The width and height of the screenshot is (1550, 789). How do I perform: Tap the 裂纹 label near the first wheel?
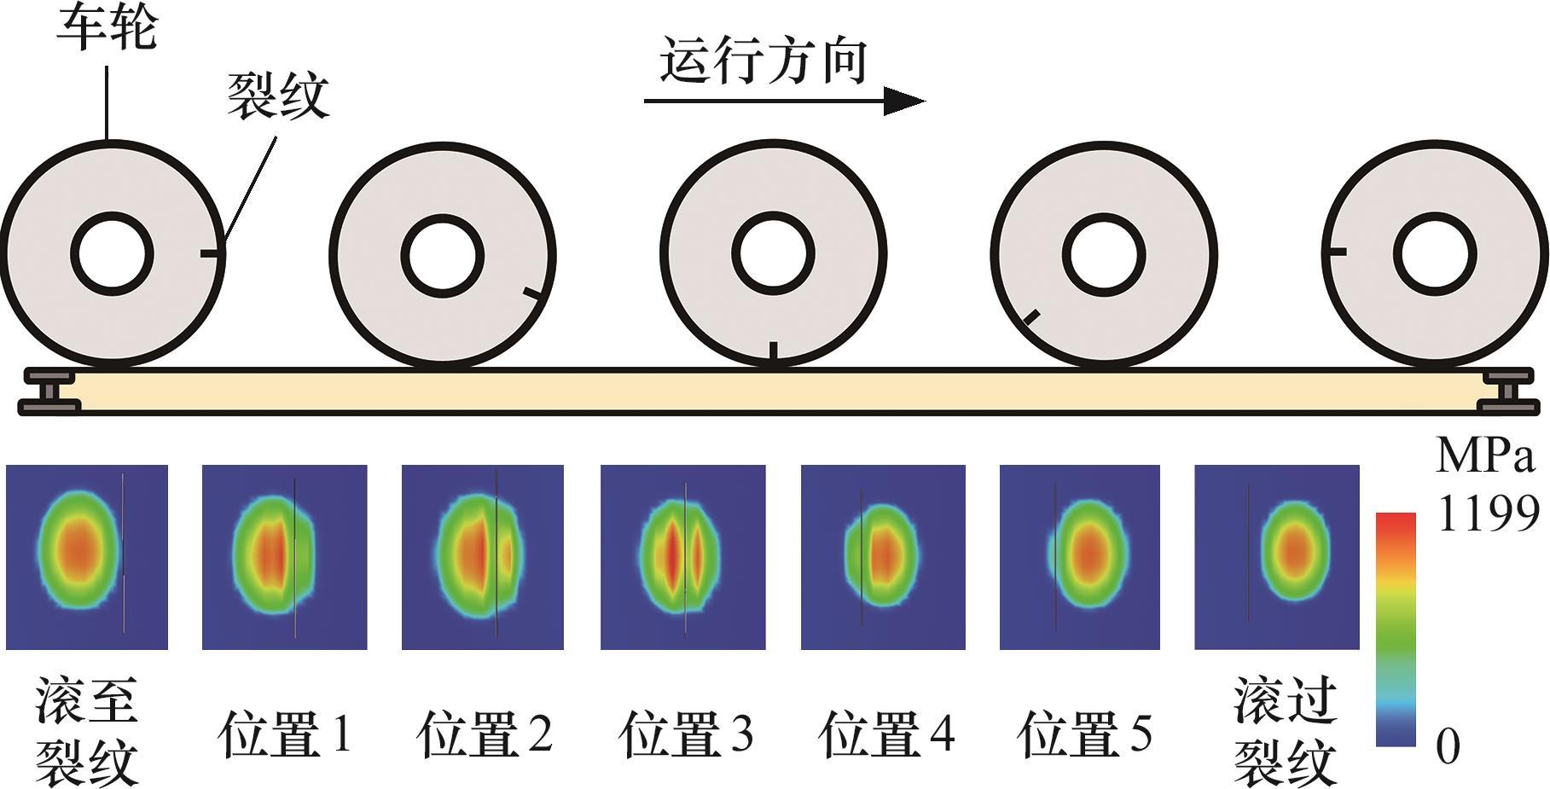tap(278, 96)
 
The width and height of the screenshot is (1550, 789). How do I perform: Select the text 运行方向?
tap(763, 61)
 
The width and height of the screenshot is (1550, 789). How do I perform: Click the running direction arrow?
tap(785, 101)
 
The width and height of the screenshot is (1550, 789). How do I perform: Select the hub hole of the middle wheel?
tap(773, 254)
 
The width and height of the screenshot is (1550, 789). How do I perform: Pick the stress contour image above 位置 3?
tap(682, 557)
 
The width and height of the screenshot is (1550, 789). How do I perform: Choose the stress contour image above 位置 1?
tap(284, 557)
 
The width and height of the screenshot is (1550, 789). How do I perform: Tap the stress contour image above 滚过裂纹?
tap(1276, 557)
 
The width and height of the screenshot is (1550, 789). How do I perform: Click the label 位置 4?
tap(885, 734)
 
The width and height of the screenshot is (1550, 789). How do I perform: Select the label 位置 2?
tap(485, 734)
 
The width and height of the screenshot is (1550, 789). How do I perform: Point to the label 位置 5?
tap(1085, 734)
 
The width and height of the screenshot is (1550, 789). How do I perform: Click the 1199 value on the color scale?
tap(1487, 513)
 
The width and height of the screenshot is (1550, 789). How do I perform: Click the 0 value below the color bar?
tap(1448, 746)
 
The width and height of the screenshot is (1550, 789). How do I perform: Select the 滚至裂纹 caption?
tap(87, 732)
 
